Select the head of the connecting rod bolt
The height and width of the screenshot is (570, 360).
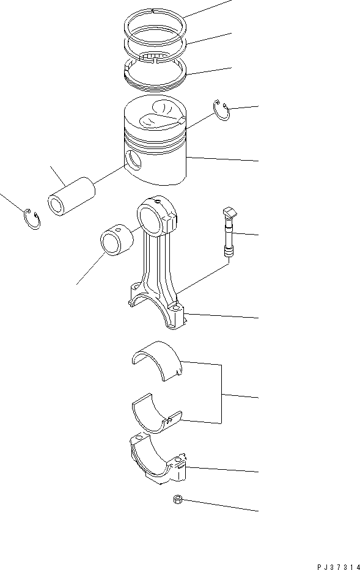tap(229, 212)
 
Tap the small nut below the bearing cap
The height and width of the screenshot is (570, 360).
tap(177, 500)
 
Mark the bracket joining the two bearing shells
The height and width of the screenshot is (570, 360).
tap(221, 395)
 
